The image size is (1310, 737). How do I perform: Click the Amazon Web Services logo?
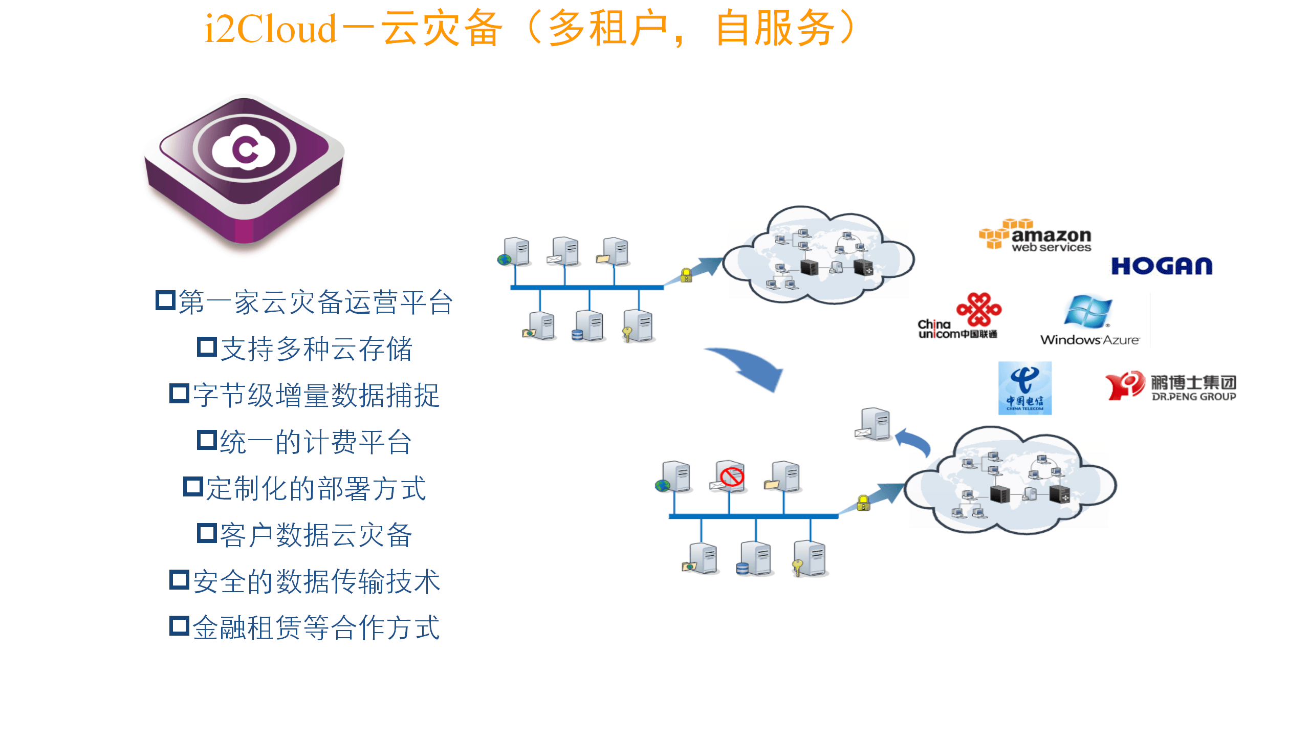[1035, 236]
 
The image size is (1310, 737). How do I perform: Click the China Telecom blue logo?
[1024, 388]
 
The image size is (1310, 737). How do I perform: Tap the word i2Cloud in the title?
[270, 29]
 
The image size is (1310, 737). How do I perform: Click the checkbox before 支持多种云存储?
[207, 347]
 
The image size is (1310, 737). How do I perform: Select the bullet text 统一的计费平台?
[316, 442]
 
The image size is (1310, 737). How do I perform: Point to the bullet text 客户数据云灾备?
[316, 535]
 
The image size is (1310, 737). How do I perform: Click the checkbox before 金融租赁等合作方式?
[179, 626]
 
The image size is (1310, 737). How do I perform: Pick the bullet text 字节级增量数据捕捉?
[316, 396]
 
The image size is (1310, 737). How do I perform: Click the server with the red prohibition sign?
[730, 477]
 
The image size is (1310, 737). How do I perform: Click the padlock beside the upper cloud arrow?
[686, 275]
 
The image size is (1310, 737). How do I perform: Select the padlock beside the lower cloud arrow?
[863, 503]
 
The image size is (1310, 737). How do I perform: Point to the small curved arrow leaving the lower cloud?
[914, 441]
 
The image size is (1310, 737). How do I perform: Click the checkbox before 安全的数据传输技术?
[179, 580]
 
